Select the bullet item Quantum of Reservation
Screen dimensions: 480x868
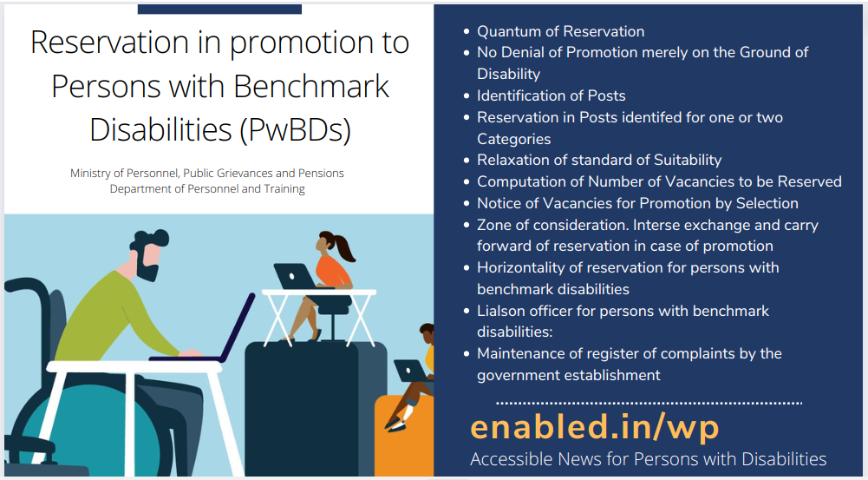coord(560,31)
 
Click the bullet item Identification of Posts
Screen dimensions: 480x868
coord(551,95)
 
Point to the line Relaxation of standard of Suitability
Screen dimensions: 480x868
coord(598,160)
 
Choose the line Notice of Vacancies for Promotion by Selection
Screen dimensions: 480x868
coord(637,203)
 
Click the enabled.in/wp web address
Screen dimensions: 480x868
coord(595,427)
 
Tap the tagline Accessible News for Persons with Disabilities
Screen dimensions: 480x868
coord(648,459)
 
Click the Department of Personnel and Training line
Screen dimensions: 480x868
coord(207,189)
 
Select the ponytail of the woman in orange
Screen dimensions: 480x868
coord(346,250)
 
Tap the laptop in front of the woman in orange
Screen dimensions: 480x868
coord(293,276)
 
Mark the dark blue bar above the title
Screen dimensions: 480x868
coord(219,9)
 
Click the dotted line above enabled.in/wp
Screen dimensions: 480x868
coord(649,403)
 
